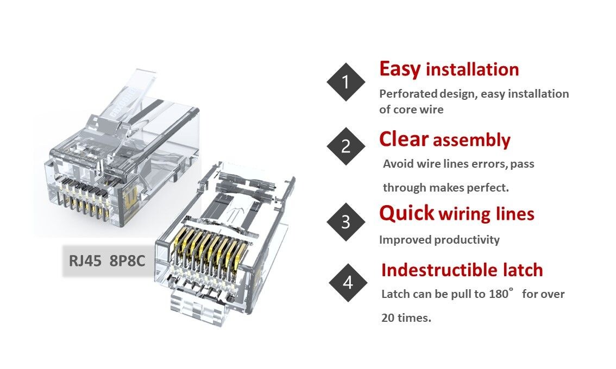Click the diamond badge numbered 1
point(346,82)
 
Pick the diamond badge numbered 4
point(348,283)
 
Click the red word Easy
point(400,69)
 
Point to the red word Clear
point(404,139)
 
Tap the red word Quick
point(407,213)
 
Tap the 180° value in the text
point(500,294)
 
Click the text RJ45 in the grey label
point(85,260)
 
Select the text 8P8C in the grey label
point(127,260)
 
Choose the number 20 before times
point(388,318)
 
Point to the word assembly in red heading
point(472,141)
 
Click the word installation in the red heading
point(472,70)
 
